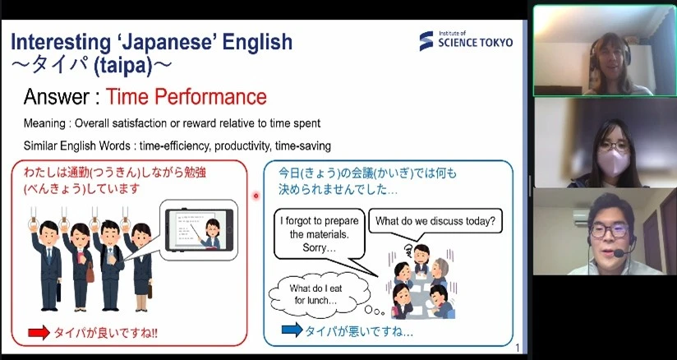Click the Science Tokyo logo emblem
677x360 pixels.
[426, 41]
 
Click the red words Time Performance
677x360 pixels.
[186, 97]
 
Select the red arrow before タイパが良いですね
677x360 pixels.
[39, 333]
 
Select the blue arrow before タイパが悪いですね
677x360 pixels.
[292, 330]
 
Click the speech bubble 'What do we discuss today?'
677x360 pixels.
[435, 223]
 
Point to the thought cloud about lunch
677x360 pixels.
[320, 295]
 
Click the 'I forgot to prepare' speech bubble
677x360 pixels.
[319, 235]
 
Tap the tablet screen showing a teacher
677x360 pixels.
[200, 230]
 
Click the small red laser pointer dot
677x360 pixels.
[256, 196]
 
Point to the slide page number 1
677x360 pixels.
[518, 348]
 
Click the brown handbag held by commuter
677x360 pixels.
[90, 272]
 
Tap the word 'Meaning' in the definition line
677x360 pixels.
[44, 123]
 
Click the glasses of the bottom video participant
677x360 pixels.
[609, 230]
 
